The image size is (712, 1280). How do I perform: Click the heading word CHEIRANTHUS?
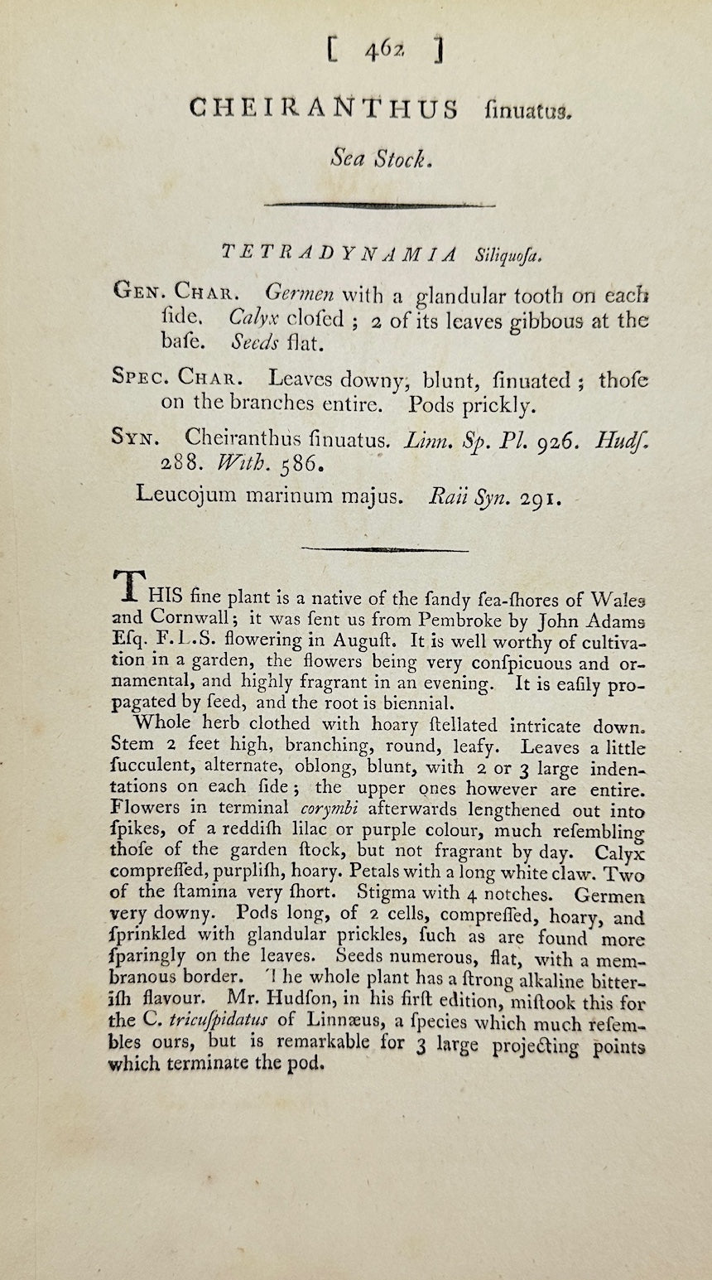point(323,109)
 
